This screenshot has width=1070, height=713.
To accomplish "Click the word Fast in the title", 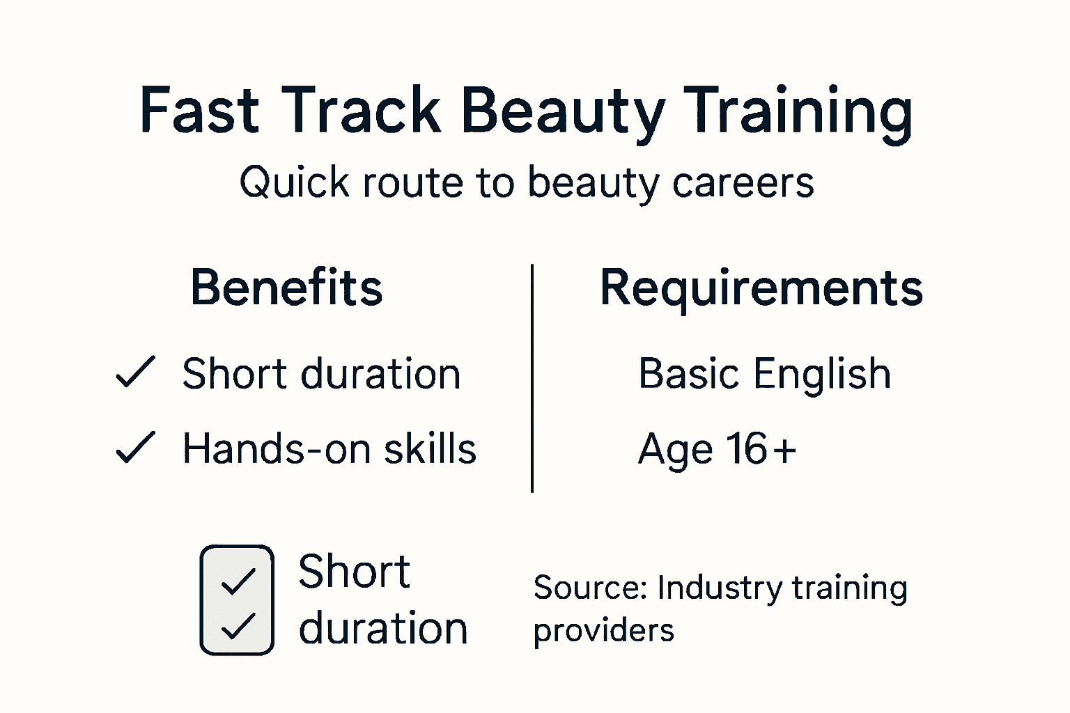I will [199, 110].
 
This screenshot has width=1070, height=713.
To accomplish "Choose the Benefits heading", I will [286, 287].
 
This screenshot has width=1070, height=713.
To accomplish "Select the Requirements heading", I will [761, 288].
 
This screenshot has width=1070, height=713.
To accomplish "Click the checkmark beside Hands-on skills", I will [135, 448].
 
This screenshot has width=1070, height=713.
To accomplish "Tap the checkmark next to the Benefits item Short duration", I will [135, 373].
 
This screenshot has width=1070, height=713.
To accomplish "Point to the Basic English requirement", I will [764, 374].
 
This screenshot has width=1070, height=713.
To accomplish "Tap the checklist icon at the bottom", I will [237, 600].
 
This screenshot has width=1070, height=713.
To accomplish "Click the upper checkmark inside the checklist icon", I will [238, 581].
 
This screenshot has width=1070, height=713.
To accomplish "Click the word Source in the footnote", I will [591, 588].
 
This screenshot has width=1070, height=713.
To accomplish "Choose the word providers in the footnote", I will [603, 631].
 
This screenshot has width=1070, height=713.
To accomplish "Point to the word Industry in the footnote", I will [720, 588].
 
